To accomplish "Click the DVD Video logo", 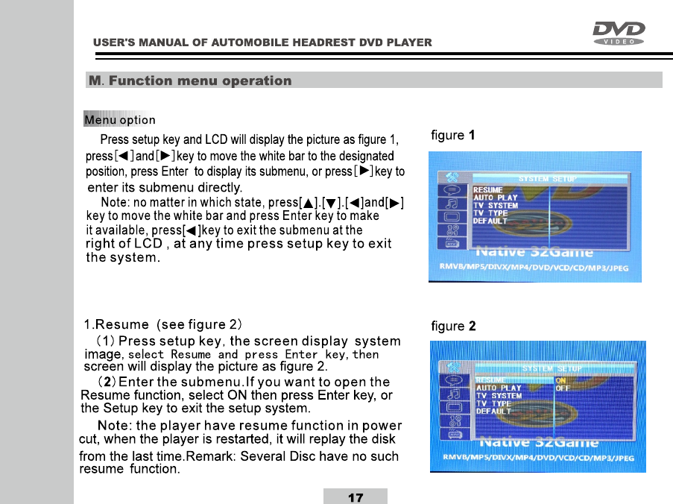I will pyautogui.click(x=619, y=33).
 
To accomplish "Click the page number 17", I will pyautogui.click(x=356, y=497).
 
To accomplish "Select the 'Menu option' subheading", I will pyautogui.click(x=120, y=119).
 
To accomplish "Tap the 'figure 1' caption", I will pyautogui.click(x=453, y=136).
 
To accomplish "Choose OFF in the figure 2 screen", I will pyautogui.click(x=563, y=388).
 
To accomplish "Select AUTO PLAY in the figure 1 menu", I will pyautogui.click(x=496, y=198).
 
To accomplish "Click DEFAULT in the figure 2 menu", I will pyautogui.click(x=493, y=412).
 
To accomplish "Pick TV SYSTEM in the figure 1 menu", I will pyautogui.click(x=496, y=205).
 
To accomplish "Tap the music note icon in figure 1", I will pyautogui.click(x=450, y=202).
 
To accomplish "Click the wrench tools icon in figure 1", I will pyautogui.click(x=449, y=175).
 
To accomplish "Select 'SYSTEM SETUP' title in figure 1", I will pyautogui.click(x=546, y=179).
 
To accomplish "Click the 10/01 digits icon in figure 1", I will pyautogui.click(x=450, y=230).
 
